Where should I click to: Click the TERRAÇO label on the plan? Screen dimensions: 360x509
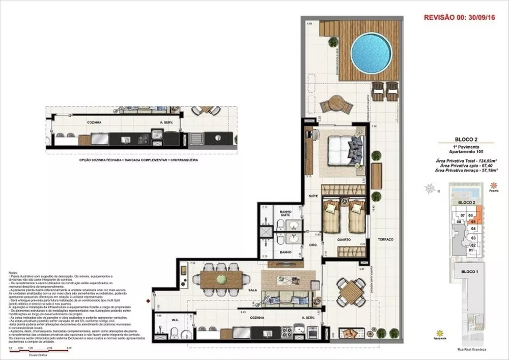tap(385, 239)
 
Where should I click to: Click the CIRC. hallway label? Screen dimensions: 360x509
tap(313, 245)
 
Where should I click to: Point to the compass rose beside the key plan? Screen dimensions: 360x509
tap(431, 190)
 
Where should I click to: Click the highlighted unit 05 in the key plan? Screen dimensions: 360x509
tap(473, 221)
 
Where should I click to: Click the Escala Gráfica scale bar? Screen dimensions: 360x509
tap(35, 348)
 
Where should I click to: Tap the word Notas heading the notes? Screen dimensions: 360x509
tap(13, 273)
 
